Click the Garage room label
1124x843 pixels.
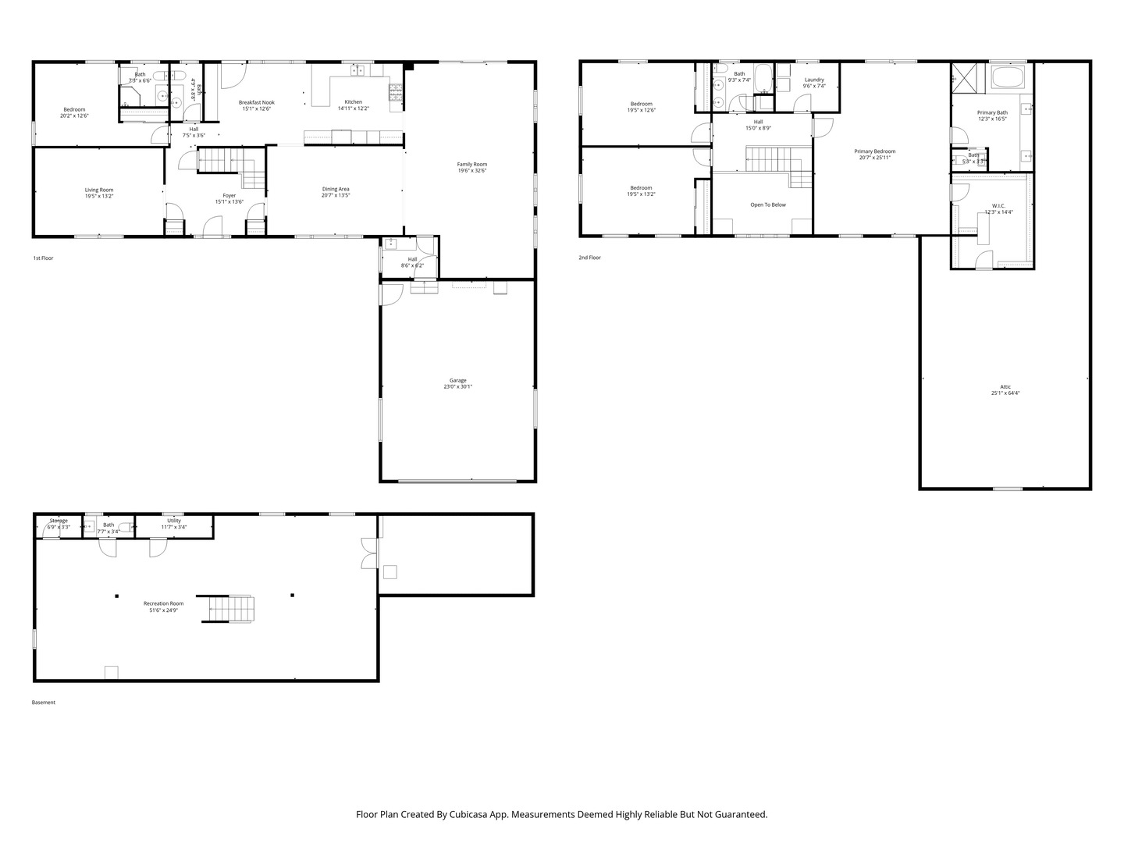click(457, 381)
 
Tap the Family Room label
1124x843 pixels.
click(472, 164)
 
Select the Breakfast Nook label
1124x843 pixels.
click(257, 102)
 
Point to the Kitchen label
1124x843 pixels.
click(354, 102)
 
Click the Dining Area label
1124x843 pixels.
click(336, 189)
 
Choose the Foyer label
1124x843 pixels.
click(229, 196)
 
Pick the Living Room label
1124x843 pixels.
click(99, 190)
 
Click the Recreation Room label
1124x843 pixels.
click(163, 603)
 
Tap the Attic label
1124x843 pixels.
click(1005, 387)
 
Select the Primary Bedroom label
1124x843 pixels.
click(874, 151)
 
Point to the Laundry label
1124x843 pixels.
click(814, 80)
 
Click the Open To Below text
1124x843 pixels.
click(768, 205)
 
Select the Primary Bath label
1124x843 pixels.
click(992, 112)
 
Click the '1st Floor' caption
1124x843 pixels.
click(43, 258)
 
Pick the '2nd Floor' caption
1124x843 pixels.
click(589, 258)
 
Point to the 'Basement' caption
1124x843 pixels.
click(44, 702)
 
